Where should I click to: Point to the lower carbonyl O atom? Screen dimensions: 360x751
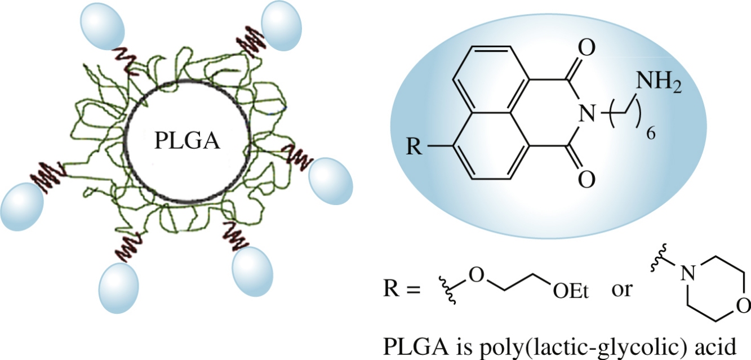coord(586,180)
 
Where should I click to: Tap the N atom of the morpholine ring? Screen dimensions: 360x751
coord(686,274)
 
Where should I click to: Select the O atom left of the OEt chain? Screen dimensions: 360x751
coord(476,275)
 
